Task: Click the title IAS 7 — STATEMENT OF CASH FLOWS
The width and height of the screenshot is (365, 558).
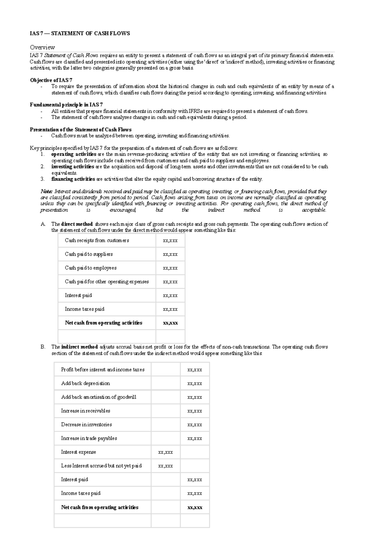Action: [x=80, y=33]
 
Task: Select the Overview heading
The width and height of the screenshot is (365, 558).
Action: [x=42, y=47]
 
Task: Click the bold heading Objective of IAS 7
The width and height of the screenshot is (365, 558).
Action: [x=51, y=80]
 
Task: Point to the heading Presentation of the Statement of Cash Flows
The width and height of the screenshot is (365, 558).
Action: [x=81, y=130]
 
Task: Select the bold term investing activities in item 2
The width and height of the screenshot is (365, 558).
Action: [x=73, y=167]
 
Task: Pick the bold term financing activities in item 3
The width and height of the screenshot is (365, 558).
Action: [x=73, y=179]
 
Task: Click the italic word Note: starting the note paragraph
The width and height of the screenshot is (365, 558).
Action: [x=47, y=192]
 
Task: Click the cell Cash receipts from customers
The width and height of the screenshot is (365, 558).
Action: [x=97, y=241]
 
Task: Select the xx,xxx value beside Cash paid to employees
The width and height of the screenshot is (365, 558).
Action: [x=170, y=268]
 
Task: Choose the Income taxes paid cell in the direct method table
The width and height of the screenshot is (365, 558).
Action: [x=85, y=309]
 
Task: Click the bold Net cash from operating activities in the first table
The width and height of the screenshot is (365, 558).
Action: [x=103, y=323]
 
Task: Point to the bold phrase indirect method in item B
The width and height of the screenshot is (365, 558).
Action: [x=79, y=347]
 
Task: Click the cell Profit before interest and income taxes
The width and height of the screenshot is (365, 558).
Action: [x=103, y=370]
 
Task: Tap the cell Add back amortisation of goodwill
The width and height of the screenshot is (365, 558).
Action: [x=99, y=397]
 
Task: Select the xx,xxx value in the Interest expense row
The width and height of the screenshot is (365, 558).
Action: [x=165, y=452]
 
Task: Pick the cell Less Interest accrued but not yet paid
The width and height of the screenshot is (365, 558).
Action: [x=101, y=466]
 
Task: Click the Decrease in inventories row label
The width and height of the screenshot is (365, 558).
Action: [x=86, y=425]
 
